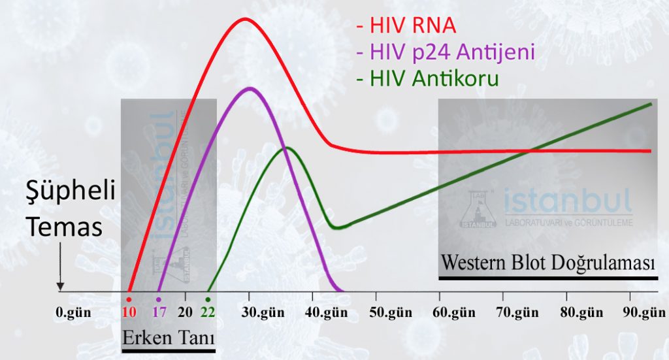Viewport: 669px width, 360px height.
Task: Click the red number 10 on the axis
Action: coord(129,312)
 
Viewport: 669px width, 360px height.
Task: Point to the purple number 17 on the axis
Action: coord(159,312)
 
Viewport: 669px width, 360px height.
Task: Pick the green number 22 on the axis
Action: coord(208,312)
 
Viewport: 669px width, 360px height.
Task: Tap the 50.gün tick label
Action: coord(389,312)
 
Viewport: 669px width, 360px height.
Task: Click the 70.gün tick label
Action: coord(516,312)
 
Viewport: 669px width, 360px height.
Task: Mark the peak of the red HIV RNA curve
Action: coord(245,18)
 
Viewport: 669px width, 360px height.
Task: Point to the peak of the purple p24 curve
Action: coord(249,88)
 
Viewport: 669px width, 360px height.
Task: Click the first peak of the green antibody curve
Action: coord(287,148)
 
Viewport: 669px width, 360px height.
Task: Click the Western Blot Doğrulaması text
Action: coord(547,263)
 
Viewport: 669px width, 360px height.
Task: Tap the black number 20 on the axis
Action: coord(186,312)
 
